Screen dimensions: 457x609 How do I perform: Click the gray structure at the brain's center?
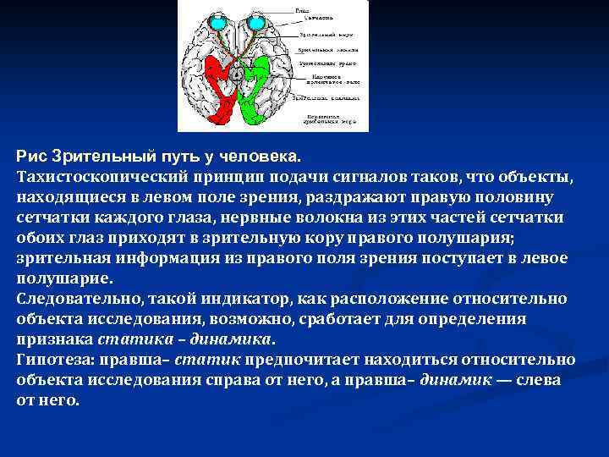click(236, 74)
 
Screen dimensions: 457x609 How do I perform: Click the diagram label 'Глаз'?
click(302, 10)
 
